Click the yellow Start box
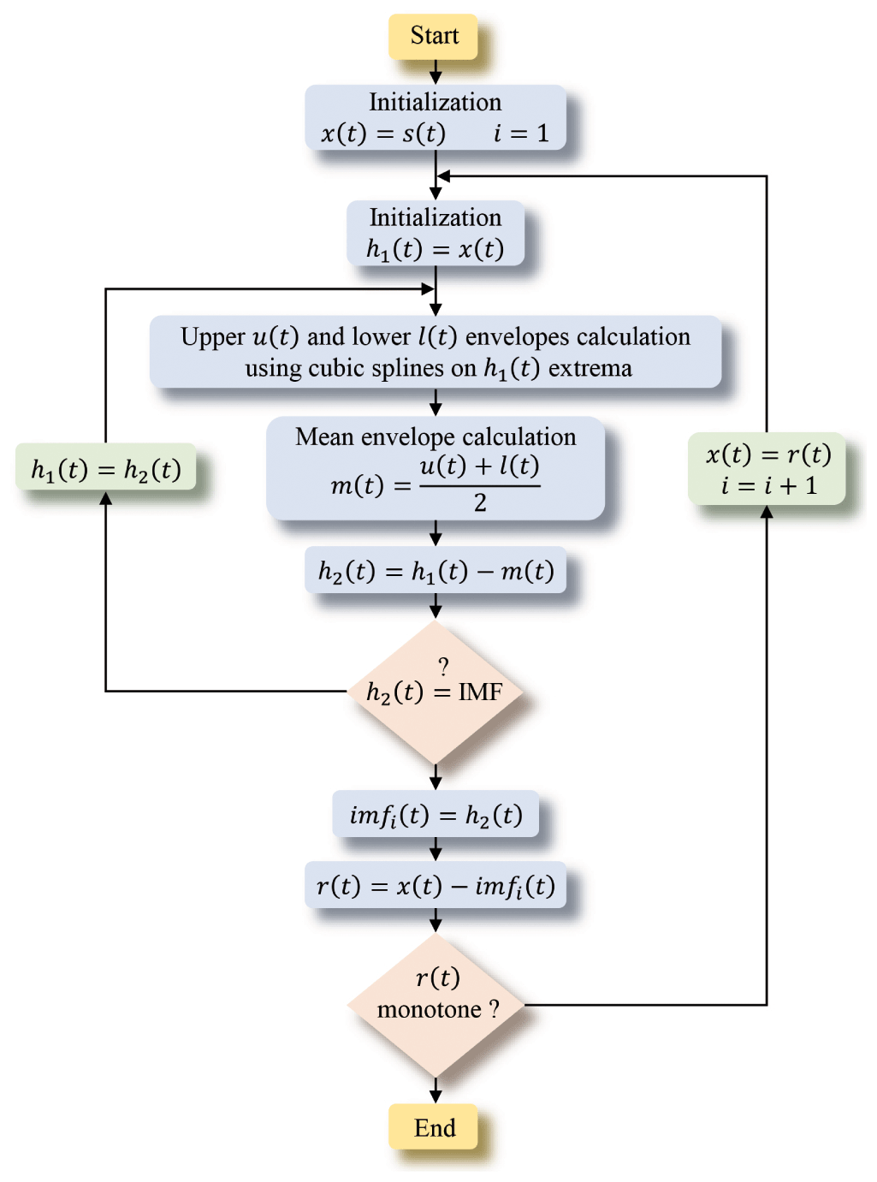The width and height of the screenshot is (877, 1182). (434, 37)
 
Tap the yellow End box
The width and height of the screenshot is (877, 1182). (434, 1128)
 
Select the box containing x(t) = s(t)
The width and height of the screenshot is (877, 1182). (436, 118)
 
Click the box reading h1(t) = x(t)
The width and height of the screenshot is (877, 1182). (436, 234)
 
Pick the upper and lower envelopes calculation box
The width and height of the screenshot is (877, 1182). (436, 353)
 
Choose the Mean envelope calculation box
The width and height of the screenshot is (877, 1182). (436, 469)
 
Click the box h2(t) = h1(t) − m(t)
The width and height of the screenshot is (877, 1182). (436, 571)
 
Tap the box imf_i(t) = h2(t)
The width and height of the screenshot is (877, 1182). (436, 815)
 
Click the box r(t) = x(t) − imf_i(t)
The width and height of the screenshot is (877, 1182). (436, 885)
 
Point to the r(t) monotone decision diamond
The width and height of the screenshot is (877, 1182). (436, 1004)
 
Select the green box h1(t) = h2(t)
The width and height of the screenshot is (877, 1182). (106, 469)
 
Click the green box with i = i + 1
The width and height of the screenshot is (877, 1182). (767, 469)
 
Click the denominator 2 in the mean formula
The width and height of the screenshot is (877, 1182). (480, 503)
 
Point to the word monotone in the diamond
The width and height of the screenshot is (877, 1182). (429, 1010)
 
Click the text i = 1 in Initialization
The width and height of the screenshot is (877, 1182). (521, 134)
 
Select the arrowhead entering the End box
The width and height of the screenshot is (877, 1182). (436, 1096)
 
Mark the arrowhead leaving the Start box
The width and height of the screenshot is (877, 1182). (436, 78)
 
